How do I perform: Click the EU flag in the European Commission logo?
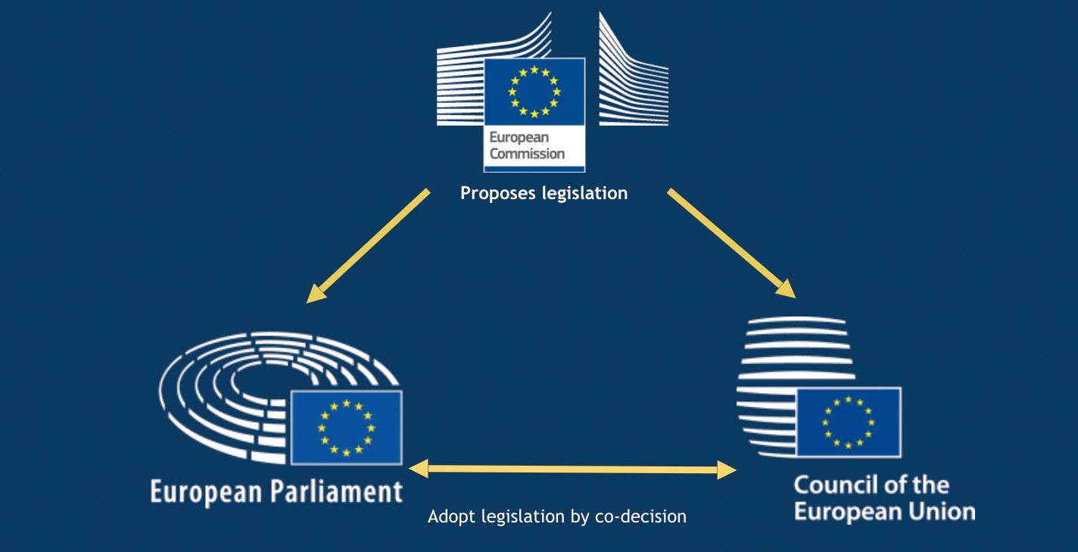[534, 92]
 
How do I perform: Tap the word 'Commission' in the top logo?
[527, 154]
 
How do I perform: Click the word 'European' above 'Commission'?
[519, 138]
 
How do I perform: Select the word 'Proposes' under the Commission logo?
[497, 193]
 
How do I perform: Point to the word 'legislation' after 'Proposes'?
[584, 193]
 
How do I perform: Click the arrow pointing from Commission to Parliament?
[368, 246]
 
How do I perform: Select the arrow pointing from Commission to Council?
[731, 244]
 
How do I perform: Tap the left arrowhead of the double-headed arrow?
[418, 469]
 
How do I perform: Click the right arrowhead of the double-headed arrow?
[727, 470]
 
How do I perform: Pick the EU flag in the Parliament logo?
[347, 428]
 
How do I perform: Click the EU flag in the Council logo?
[849, 423]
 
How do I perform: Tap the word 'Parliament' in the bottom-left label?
[336, 492]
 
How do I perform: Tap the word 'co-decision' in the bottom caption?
[640, 516]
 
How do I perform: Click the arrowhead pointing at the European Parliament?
[316, 294]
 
